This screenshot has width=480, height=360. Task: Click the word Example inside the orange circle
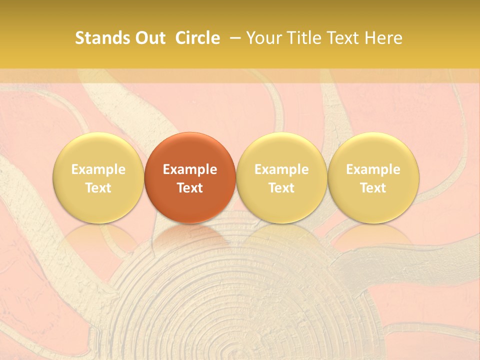190,169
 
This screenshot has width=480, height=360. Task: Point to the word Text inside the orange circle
190,188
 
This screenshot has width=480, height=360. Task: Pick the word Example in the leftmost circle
98,169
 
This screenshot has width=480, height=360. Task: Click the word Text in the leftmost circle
98,188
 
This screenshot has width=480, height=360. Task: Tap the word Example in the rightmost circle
373,169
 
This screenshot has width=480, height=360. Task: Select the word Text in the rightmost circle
373,188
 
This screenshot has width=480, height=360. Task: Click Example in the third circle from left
281,169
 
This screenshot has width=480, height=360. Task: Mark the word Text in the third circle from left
281,188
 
